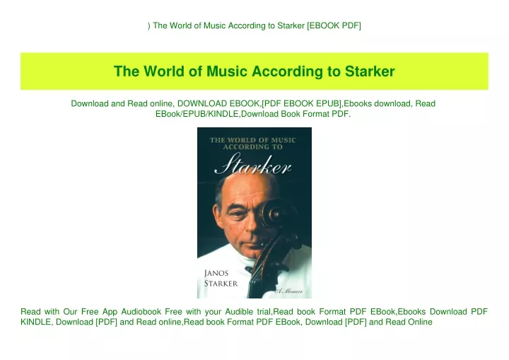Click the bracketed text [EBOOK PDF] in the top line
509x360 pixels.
[334, 25]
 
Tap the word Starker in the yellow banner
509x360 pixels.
[370, 71]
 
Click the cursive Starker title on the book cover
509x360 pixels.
[252, 164]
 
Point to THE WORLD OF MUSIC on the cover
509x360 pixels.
[253, 140]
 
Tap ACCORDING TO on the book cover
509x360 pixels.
[253, 147]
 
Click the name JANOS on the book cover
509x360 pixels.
[216, 273]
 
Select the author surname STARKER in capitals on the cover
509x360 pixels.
[221, 284]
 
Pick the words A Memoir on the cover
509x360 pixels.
[289, 291]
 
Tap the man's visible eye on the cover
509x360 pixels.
[238, 215]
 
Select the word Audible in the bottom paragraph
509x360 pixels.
[239, 312]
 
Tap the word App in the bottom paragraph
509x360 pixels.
[110, 313]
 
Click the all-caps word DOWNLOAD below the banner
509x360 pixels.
[202, 104]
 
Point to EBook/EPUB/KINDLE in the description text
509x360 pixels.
[197, 114]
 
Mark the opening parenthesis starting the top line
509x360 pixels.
[149, 26]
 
